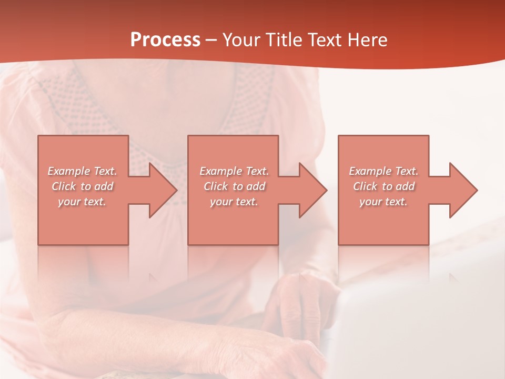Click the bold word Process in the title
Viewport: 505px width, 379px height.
coord(165,40)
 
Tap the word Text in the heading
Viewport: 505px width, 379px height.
coord(325,40)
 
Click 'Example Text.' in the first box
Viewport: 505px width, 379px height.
coord(83,171)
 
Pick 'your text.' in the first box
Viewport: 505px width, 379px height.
coord(83,202)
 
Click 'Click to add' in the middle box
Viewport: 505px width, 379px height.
coord(235,186)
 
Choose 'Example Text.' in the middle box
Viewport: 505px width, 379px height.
coord(235,171)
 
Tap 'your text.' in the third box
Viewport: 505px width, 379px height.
coord(383,202)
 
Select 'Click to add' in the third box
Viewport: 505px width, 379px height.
coord(383,186)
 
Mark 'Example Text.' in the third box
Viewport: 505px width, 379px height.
coord(383,171)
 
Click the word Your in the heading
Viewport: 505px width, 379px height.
coord(243,40)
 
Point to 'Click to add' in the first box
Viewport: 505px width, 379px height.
coord(83,186)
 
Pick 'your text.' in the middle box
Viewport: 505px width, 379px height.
coord(235,202)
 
